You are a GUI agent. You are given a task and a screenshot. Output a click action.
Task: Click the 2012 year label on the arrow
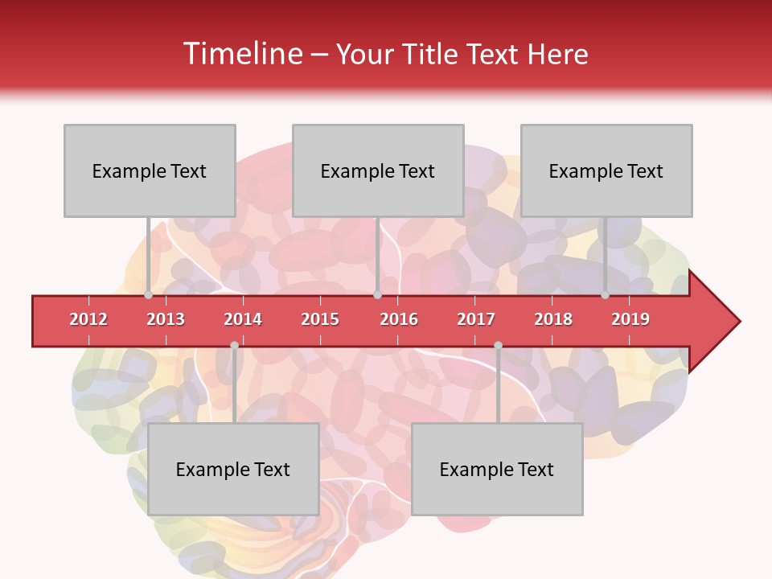[x=88, y=319]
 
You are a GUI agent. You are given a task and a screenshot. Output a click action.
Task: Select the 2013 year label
[x=166, y=319]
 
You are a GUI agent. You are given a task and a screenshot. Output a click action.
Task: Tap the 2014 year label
[x=243, y=319]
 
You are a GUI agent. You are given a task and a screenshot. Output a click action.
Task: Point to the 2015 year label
[x=320, y=319]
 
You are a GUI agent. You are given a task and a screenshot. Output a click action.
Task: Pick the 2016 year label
[x=399, y=319]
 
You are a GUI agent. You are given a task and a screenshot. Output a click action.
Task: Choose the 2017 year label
[x=476, y=319]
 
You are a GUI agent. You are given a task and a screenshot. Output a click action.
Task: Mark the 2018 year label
[x=553, y=319]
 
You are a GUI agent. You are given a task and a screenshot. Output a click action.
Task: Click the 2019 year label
[x=630, y=319]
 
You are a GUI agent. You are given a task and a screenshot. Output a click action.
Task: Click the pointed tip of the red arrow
[x=737, y=322]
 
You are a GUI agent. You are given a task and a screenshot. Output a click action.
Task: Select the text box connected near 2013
[x=150, y=170]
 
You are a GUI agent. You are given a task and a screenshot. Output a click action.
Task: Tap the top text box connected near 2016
[x=378, y=170]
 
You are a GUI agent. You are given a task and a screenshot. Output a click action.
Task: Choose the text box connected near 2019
[x=606, y=170]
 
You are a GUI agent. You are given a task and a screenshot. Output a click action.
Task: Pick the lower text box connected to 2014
[x=233, y=469]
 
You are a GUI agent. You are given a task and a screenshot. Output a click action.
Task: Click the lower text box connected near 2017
[x=497, y=469]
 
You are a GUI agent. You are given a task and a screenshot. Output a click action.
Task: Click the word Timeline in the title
[x=241, y=54]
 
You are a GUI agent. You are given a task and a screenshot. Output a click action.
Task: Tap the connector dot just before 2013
[x=149, y=295]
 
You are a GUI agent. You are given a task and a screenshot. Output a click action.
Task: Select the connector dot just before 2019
[x=606, y=295]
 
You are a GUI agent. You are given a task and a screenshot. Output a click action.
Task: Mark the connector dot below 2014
[x=234, y=346]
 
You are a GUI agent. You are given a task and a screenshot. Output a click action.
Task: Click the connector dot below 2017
[x=498, y=346]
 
